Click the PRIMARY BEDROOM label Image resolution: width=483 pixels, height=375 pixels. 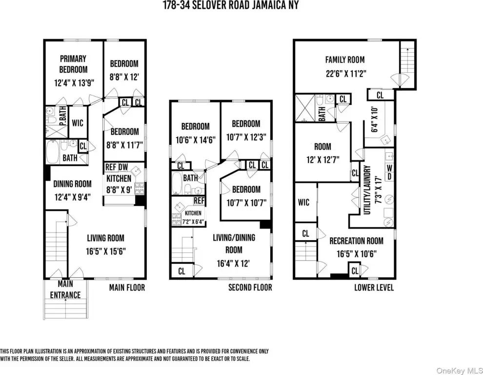coord(73,64)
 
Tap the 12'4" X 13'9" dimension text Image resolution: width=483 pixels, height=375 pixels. coord(74,83)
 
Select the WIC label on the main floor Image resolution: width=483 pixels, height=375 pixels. coord(78,123)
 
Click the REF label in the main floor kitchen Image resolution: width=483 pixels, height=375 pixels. coord(111,167)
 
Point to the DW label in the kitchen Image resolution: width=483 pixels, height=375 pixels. coord(123,167)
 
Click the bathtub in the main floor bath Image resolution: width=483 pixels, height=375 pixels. coord(53,152)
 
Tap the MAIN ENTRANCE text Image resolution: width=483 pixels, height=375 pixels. coord(65,289)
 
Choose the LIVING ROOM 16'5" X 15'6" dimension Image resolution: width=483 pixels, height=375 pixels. coord(106,251)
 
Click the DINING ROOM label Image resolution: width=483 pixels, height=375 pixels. coord(72,184)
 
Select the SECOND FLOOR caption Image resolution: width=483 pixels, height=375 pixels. coord(250,288)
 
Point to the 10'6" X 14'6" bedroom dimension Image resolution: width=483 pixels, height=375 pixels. coord(195,140)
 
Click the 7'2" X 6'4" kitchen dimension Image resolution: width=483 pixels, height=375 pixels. coord(193,221)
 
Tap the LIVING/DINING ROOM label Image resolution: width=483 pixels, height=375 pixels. coord(234,244)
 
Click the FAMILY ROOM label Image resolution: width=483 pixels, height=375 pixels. coord(345,60)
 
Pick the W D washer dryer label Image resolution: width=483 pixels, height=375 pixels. coord(389,172)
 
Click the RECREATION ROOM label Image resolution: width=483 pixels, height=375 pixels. coord(357,241)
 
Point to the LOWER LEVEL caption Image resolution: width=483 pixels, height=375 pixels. coord(374,288)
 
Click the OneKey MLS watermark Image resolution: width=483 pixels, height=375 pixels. coord(460,370)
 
